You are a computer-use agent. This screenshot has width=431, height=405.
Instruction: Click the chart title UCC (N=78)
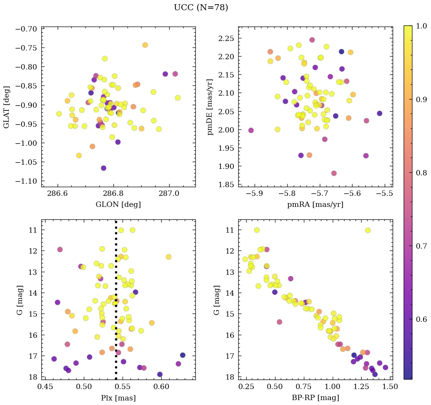201,8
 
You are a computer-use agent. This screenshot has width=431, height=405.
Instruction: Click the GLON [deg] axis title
118,205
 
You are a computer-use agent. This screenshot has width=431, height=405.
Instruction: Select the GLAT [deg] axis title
7,107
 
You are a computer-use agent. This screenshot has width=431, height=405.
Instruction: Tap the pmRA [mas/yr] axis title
315,205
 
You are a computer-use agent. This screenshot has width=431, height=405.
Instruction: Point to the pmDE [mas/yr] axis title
210,107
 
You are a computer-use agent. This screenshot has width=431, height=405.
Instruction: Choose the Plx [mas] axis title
118,398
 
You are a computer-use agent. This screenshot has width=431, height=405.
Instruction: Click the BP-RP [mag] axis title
315,398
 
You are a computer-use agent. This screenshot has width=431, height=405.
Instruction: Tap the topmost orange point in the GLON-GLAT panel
145,45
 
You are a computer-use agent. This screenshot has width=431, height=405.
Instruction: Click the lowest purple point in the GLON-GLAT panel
104,168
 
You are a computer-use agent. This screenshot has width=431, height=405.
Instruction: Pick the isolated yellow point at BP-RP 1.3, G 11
368,230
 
